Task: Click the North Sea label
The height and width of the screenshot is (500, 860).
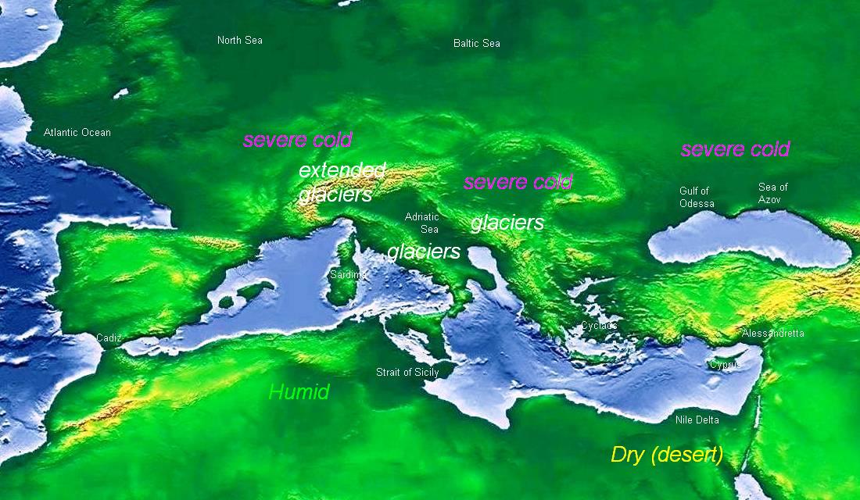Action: pyautogui.click(x=239, y=41)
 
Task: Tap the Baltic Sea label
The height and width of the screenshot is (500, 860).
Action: pyautogui.click(x=476, y=44)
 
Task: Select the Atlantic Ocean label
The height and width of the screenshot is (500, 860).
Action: pyautogui.click(x=77, y=133)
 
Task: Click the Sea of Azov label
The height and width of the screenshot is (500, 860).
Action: pyautogui.click(x=773, y=194)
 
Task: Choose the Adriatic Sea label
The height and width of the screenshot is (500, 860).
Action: pyautogui.click(x=422, y=223)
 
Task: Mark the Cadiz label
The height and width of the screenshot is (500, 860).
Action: pyautogui.click(x=109, y=338)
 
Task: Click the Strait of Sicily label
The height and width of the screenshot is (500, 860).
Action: pyautogui.click(x=407, y=373)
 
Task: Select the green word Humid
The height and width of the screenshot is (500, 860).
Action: pyautogui.click(x=299, y=392)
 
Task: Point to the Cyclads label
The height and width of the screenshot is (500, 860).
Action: pyautogui.click(x=599, y=326)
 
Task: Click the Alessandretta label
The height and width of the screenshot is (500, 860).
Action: pyautogui.click(x=772, y=334)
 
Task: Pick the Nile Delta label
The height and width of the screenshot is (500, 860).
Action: pyautogui.click(x=697, y=420)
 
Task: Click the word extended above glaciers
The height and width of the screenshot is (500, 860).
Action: pyautogui.click(x=342, y=170)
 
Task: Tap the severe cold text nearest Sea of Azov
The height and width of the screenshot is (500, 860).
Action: pyautogui.click(x=735, y=149)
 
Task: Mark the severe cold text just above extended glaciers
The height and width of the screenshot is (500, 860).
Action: pyautogui.click(x=297, y=141)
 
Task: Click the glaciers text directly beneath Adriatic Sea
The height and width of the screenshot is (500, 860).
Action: pyautogui.click(x=424, y=252)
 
